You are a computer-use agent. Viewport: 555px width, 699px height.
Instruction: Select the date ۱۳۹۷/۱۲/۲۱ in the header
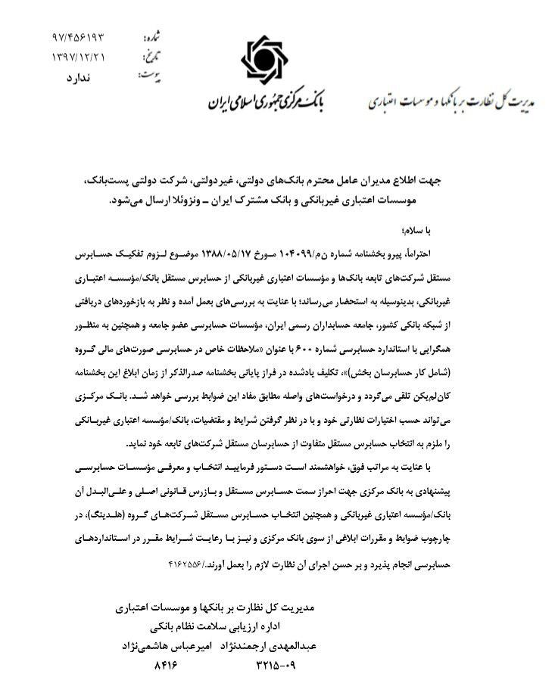[80, 57]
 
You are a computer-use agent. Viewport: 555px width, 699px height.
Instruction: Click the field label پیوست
[149, 76]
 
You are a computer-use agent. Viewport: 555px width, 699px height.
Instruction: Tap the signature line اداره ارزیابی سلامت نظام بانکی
[217, 626]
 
